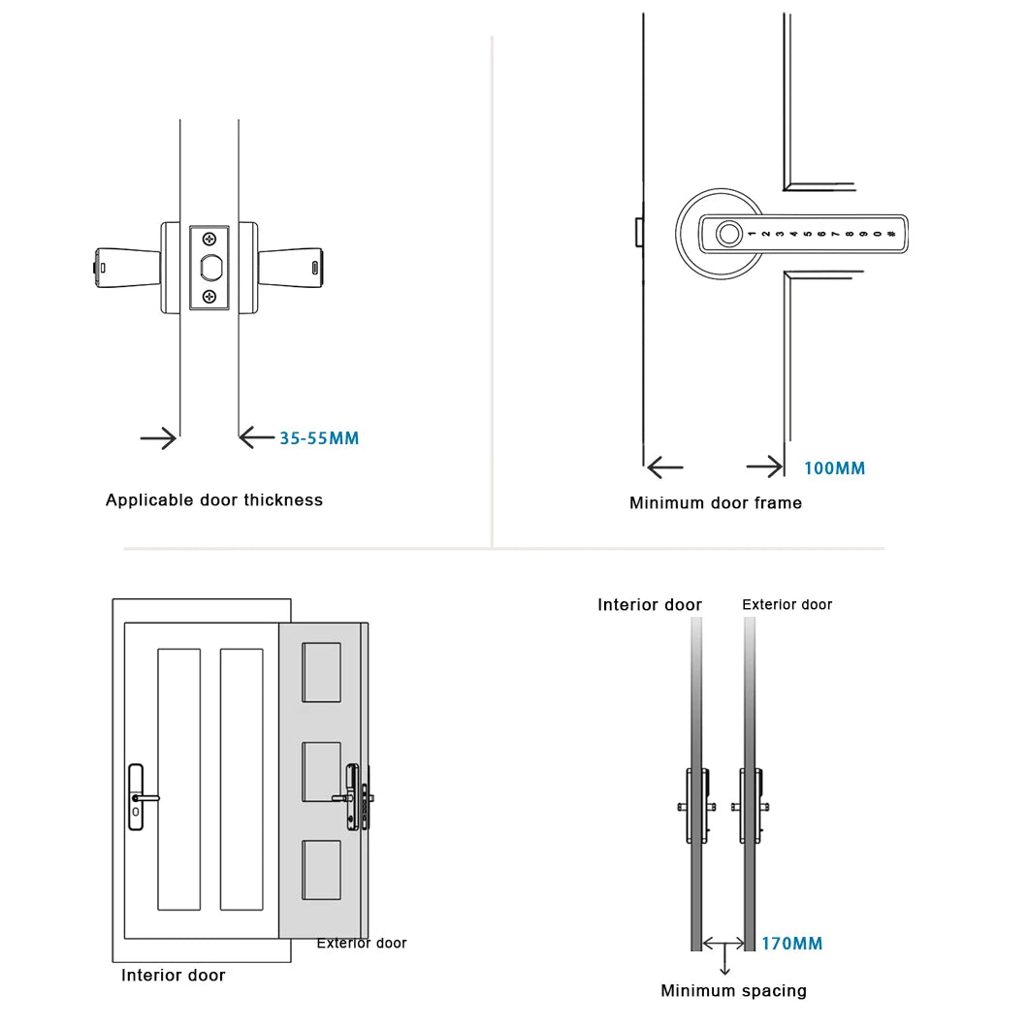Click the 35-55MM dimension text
[319, 438]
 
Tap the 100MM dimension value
[835, 468]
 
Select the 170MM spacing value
[792, 944]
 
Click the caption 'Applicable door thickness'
[214, 500]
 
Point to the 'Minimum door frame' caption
[716, 503]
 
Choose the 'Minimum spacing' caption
[733, 990]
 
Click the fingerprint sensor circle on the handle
[727, 234]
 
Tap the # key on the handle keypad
[891, 234]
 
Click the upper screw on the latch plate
[209, 239]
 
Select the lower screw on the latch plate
[209, 297]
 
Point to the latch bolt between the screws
[210, 267]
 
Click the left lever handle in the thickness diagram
[127, 268]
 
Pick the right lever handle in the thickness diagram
[290, 268]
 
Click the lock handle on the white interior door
[143, 797]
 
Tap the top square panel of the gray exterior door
[321, 672]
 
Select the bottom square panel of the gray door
[321, 870]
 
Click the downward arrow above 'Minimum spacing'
[724, 959]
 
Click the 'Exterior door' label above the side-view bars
[787, 604]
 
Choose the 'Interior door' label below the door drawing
[173, 975]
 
